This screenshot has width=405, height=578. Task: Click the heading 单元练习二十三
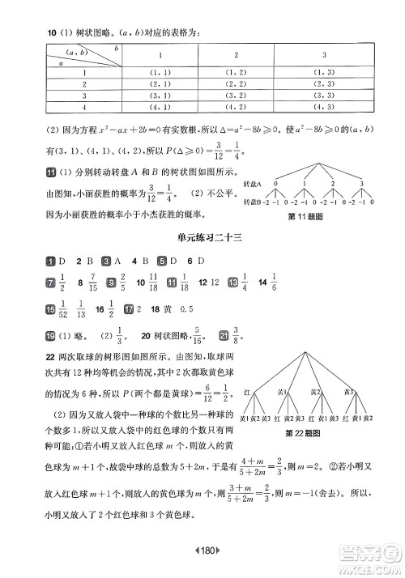pos(202,237)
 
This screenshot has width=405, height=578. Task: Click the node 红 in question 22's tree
pos(247,390)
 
